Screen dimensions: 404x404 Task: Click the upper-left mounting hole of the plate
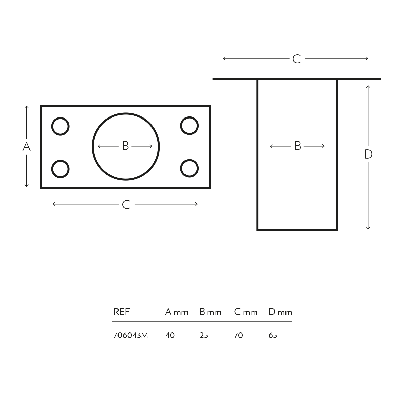point(60,126)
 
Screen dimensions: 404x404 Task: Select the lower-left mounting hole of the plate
point(60,169)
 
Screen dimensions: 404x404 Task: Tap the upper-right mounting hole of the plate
point(189,126)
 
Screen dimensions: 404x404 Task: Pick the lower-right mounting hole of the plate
point(189,168)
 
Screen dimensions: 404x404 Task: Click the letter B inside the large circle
point(125,146)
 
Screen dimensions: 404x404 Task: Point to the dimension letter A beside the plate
point(26,147)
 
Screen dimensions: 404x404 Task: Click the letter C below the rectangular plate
point(126,205)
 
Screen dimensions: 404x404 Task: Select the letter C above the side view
point(296,59)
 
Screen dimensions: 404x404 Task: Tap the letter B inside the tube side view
point(298,146)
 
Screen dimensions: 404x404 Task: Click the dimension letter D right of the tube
point(368,155)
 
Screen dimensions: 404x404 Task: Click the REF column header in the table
point(122,312)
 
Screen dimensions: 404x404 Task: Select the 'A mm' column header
point(176,312)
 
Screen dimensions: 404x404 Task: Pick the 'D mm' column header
point(280,312)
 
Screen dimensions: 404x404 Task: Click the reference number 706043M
point(131,335)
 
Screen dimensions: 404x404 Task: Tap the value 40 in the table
point(170,335)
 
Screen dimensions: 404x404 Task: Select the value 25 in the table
point(204,335)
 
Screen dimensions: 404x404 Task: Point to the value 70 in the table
point(238,335)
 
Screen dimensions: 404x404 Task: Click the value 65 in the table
point(273,335)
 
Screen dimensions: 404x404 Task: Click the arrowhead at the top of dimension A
point(27,107)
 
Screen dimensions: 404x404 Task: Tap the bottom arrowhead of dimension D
point(368,228)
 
